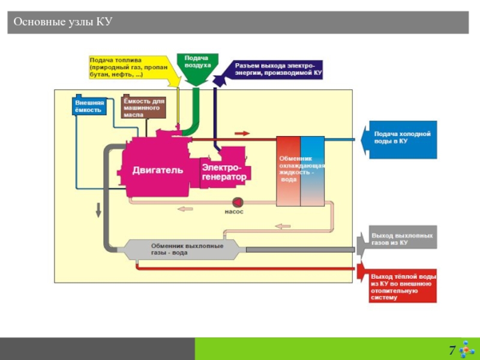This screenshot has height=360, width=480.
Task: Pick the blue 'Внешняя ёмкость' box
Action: (89, 106)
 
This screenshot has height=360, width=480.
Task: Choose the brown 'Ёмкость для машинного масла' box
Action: (143, 107)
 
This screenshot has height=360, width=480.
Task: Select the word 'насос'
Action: (234, 212)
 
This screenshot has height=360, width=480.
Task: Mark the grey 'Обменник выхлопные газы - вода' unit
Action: (186, 249)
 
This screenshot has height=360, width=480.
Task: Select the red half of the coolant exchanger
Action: (287, 171)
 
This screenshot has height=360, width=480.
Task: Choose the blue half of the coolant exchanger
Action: (312, 171)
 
